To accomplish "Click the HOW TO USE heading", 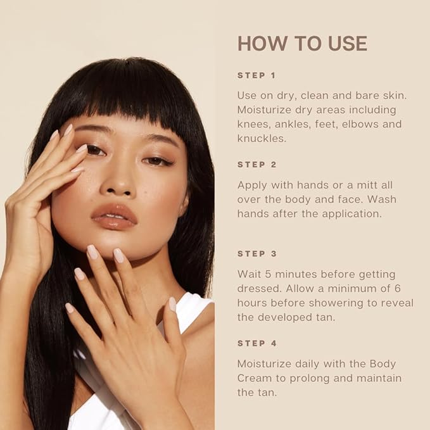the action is coord(302,43).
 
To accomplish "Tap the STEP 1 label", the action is coord(256,75).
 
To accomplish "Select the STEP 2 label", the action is coord(257,165).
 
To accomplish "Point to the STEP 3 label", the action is coord(257,254).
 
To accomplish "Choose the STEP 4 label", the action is coord(257,343).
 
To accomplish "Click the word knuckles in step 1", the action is coord(262,138).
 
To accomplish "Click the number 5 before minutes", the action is coord(269,274).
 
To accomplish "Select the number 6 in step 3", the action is coord(398,289).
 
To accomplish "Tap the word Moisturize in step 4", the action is coord(264,364).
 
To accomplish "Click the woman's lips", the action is coord(115,217).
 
